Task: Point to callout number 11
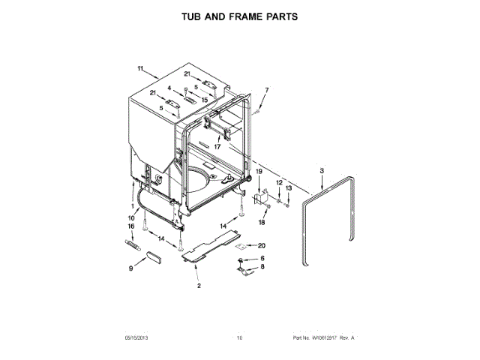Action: click(x=139, y=69)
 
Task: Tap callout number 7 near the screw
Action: click(x=265, y=91)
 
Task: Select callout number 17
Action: click(x=217, y=147)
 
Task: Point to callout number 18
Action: click(x=262, y=222)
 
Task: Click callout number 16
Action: click(x=131, y=225)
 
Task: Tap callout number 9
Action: click(x=131, y=268)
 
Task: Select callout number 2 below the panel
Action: click(x=199, y=286)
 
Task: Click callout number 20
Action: click(x=262, y=245)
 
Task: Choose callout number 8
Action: click(x=262, y=267)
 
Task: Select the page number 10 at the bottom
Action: click(x=240, y=339)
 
